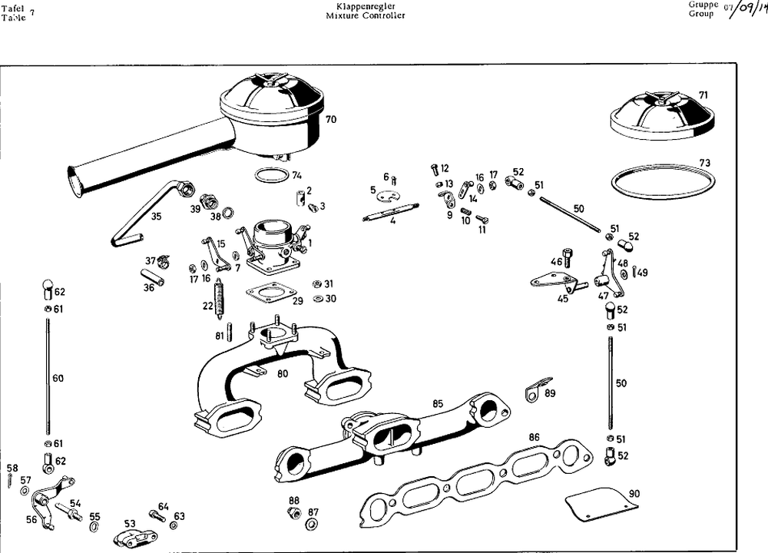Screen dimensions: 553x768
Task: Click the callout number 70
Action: coord(331,120)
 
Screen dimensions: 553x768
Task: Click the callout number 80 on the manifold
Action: coord(283,374)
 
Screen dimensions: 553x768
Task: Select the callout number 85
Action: coord(438,403)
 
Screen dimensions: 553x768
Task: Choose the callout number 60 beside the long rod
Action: coord(58,378)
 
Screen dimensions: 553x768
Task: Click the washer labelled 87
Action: coord(312,525)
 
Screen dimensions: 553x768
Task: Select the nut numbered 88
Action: coord(293,513)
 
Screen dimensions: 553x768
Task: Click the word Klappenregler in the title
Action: coord(365,5)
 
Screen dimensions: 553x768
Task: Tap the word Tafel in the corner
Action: coord(13,8)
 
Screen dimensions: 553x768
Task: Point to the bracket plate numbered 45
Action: coord(555,280)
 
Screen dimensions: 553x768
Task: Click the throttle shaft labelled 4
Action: coord(391,212)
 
